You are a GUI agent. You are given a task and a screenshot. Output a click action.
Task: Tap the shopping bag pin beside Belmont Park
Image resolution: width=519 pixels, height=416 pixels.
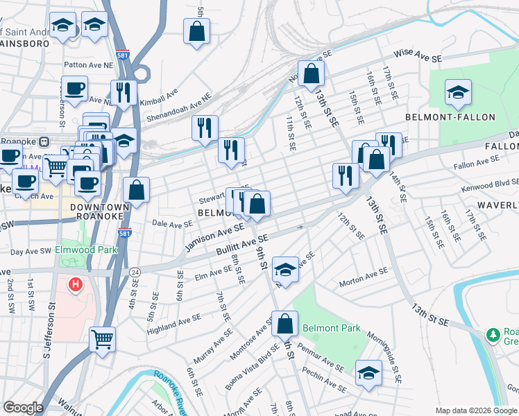(284, 324)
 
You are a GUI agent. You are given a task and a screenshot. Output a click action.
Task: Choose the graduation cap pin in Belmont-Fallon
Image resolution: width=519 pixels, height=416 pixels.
(458, 93)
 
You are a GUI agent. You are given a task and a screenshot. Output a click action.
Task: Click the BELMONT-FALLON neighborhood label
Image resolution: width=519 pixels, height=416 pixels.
(441, 117)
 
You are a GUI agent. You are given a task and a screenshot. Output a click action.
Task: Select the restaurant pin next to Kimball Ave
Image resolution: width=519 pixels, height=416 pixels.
(124, 93)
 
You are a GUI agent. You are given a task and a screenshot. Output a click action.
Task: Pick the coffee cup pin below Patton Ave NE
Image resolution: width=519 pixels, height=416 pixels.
(74, 89)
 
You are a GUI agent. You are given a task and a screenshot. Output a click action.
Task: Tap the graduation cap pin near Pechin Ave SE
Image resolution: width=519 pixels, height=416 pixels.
(368, 373)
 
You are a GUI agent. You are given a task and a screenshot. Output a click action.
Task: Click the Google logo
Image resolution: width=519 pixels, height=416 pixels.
(23, 408)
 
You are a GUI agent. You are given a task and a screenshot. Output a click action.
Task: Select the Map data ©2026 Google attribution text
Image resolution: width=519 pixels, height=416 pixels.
(475, 410)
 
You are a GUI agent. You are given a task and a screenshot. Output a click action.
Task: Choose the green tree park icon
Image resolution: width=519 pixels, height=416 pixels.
(494, 336)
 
